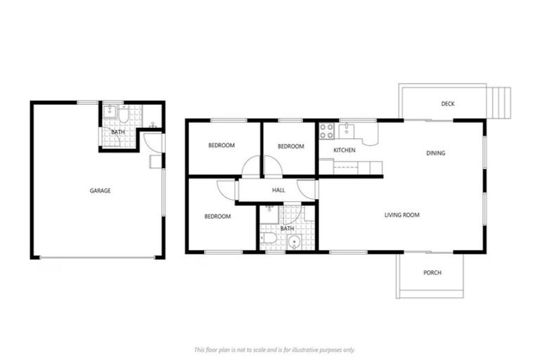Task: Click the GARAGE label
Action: (x=100, y=191)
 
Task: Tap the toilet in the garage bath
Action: (x=124, y=114)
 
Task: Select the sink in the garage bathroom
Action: (x=110, y=111)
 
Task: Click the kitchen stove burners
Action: (x=327, y=131)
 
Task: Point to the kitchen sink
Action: (x=347, y=130)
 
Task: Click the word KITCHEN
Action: (x=344, y=150)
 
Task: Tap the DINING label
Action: (x=436, y=153)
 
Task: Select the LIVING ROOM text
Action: (x=401, y=215)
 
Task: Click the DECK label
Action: (x=448, y=104)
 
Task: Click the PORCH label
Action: (x=432, y=273)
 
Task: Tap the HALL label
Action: (x=278, y=190)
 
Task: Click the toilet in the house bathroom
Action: (x=269, y=240)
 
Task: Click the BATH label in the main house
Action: (x=287, y=229)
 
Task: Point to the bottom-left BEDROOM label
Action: (x=217, y=217)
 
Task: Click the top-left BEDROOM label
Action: (x=221, y=146)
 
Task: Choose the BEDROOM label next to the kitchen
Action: (x=290, y=146)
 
